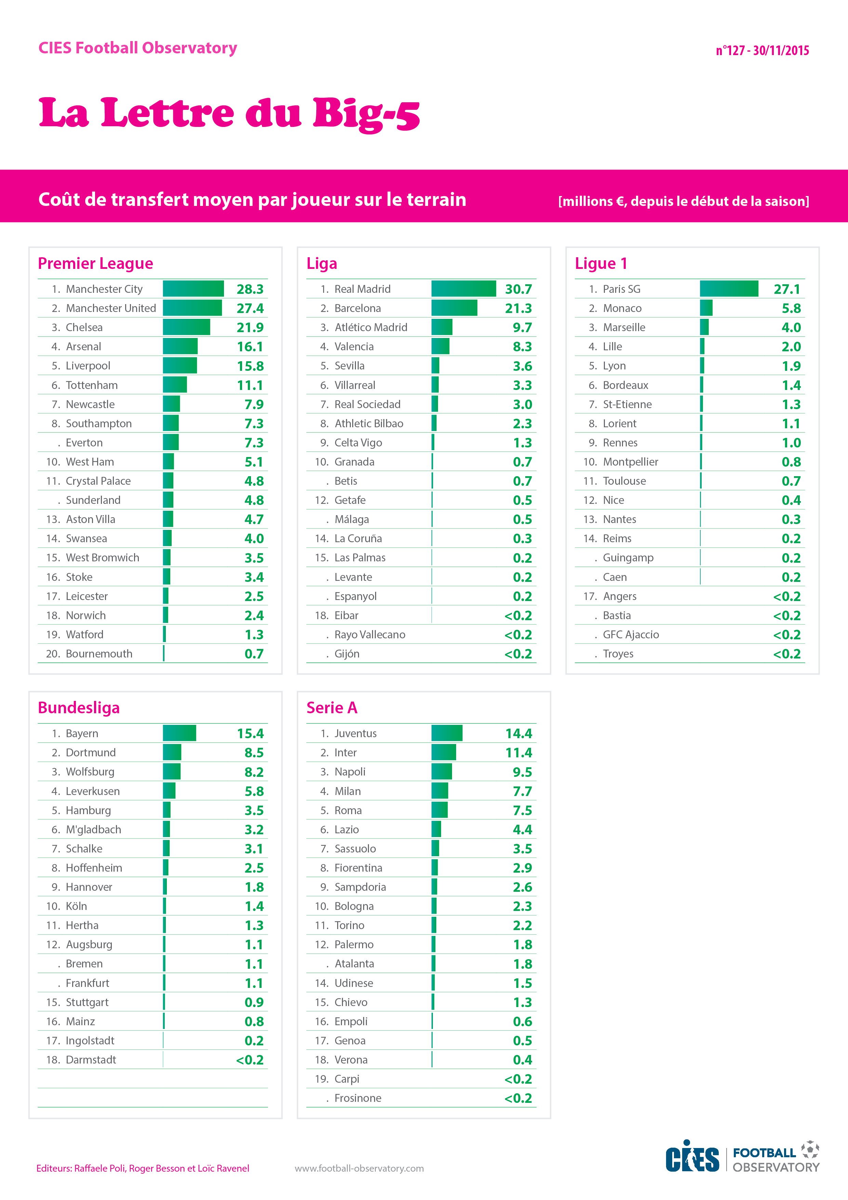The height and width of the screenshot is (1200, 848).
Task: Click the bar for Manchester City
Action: [193, 288]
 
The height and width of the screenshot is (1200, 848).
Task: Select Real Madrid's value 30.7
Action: [518, 289]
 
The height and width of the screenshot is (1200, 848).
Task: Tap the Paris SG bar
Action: [729, 288]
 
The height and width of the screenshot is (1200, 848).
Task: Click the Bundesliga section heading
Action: [79, 708]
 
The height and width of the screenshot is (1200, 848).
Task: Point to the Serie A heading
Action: [332, 708]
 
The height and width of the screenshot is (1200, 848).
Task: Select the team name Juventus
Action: [355, 733]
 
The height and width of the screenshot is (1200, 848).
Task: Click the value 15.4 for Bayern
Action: [250, 733]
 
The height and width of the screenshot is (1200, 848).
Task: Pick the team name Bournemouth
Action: [99, 654]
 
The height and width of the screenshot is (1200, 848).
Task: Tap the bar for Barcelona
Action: [454, 308]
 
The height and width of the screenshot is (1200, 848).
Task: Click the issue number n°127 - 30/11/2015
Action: [762, 51]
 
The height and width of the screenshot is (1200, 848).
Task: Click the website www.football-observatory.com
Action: [359, 1168]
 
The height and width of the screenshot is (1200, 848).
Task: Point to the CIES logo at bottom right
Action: [692, 1157]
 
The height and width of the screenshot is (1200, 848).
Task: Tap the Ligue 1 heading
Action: [601, 263]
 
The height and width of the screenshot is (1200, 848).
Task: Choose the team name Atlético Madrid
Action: [371, 327]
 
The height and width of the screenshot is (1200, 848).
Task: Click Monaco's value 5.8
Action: [791, 308]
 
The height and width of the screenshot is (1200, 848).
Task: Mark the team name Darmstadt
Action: [91, 1060]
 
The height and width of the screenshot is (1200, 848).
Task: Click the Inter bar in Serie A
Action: [443, 753]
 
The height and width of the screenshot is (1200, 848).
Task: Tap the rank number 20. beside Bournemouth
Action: [53, 654]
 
